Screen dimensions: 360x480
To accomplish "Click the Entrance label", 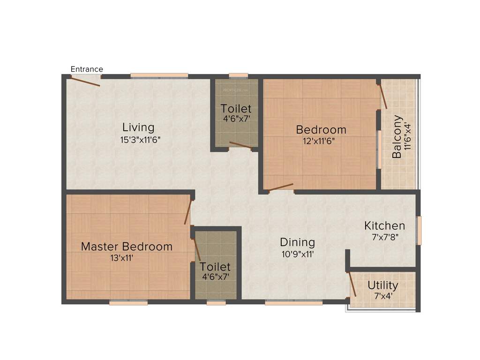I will [x=87, y=69].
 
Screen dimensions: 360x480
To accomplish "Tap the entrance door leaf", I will [x=82, y=81].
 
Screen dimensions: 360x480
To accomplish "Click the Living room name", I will [x=138, y=127].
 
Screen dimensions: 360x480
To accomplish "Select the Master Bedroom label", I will [x=127, y=247].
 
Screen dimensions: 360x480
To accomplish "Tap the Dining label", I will [x=297, y=242].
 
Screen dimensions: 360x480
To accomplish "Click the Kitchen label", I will [x=384, y=226].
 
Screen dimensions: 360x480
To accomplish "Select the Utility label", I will [x=383, y=285].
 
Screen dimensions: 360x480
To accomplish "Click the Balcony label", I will [x=397, y=136].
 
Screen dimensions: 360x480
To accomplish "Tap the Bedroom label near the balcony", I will [x=321, y=129].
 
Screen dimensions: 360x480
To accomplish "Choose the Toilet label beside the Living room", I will [x=236, y=109].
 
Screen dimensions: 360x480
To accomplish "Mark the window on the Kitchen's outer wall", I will [x=419, y=230].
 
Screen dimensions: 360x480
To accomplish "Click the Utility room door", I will [x=352, y=284].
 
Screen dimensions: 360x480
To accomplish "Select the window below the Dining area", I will [x=293, y=303].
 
